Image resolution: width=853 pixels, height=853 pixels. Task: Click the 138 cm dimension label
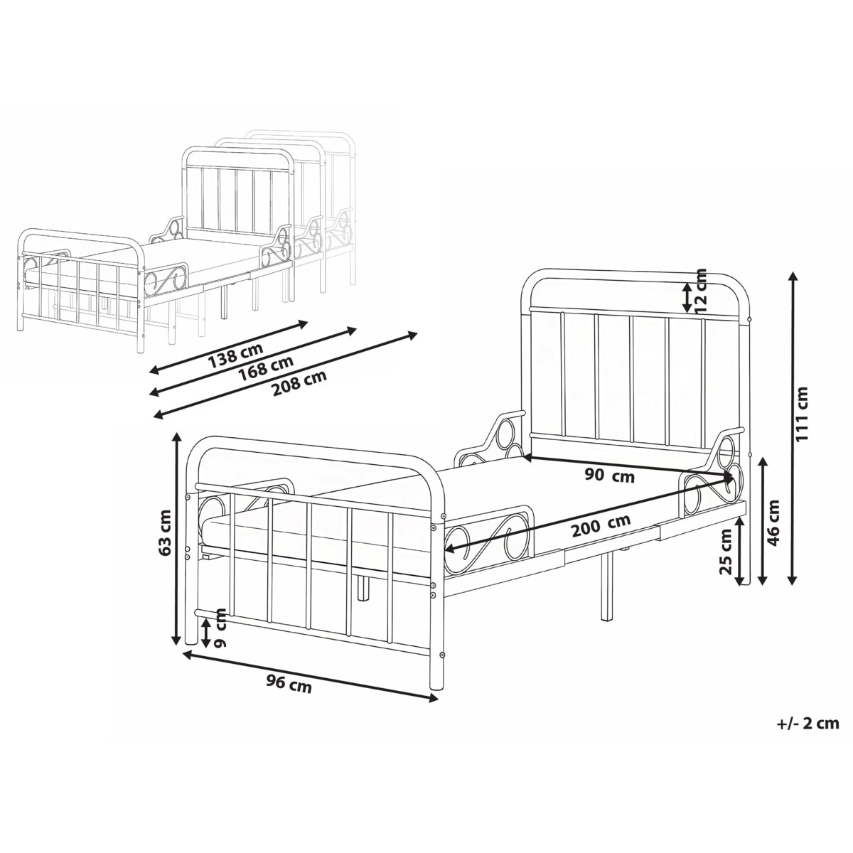tap(235, 354)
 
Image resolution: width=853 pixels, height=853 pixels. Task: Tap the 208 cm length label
tap(300, 382)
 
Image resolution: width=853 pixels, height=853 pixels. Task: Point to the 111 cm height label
tap(802, 414)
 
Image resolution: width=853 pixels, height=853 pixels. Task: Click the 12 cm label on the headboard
tap(701, 290)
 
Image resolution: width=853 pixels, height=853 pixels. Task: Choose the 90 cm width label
tap(609, 476)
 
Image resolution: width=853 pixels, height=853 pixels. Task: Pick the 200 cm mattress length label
tap(601, 525)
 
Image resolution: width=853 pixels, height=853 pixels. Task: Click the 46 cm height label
tap(773, 522)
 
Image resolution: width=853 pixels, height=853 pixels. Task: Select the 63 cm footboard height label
tap(166, 532)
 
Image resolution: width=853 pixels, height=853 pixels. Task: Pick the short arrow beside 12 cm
tap(686, 297)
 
